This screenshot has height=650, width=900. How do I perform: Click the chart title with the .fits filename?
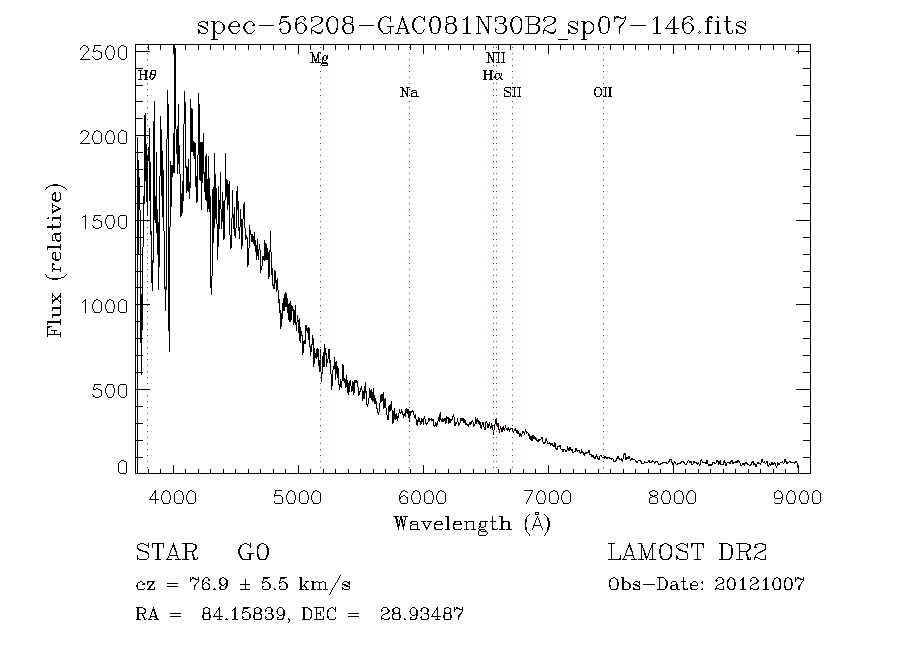pyautogui.click(x=472, y=26)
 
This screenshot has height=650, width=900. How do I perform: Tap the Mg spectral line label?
pyautogui.click(x=319, y=59)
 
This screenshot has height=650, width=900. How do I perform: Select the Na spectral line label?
pyautogui.click(x=409, y=92)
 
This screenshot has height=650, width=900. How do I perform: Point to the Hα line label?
pyautogui.click(x=492, y=75)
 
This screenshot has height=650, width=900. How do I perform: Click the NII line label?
pyautogui.click(x=495, y=58)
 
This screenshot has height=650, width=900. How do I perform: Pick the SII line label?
pyautogui.click(x=512, y=92)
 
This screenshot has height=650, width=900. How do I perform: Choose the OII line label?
pyautogui.click(x=603, y=92)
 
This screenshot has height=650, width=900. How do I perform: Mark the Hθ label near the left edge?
pyautogui.click(x=147, y=75)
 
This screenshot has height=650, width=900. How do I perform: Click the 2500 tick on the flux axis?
pyautogui.click(x=103, y=53)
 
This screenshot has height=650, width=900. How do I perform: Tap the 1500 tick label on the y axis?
pyautogui.click(x=103, y=222)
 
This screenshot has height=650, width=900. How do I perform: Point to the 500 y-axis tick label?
pyautogui.click(x=110, y=390)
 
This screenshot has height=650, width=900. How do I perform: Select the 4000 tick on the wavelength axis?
pyautogui.click(x=173, y=497)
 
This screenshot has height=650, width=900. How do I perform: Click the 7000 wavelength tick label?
pyautogui.click(x=548, y=497)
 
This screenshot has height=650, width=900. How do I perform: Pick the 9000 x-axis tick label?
pyautogui.click(x=797, y=497)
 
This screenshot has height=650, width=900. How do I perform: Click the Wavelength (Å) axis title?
pyautogui.click(x=472, y=524)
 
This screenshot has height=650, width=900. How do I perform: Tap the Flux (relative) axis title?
pyautogui.click(x=55, y=260)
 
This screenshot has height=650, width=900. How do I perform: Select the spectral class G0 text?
pyautogui.click(x=253, y=552)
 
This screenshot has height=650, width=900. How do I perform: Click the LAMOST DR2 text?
pyautogui.click(x=687, y=552)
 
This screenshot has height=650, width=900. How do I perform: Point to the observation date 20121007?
pyautogui.click(x=759, y=585)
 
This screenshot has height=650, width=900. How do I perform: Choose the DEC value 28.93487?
pyautogui.click(x=421, y=614)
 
